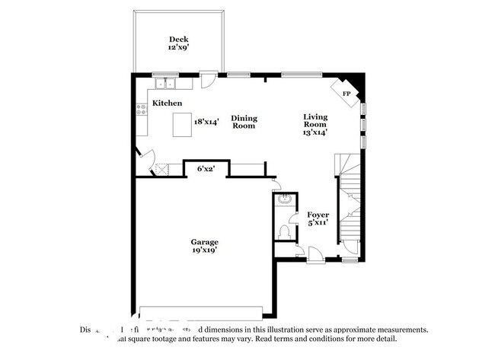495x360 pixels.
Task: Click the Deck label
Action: point(178,39)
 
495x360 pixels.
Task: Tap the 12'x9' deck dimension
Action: point(178,47)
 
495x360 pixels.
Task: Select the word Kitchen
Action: point(167,103)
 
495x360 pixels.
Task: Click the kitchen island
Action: point(181,124)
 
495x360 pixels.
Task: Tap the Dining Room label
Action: point(244,122)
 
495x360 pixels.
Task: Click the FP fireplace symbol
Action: point(346,93)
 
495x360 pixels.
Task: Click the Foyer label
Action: point(318,215)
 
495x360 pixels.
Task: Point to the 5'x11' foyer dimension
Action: point(318,224)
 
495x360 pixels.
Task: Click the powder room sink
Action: point(283,200)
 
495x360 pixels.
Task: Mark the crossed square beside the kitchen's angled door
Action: point(161,170)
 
